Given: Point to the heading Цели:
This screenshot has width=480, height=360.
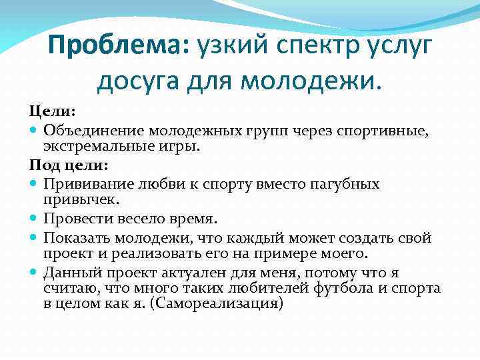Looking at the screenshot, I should click(x=51, y=109).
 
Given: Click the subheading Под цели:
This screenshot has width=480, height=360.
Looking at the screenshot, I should click(x=68, y=165).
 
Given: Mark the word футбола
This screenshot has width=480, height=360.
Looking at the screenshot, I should click(x=328, y=288).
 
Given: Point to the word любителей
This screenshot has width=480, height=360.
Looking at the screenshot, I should click(x=255, y=288).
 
